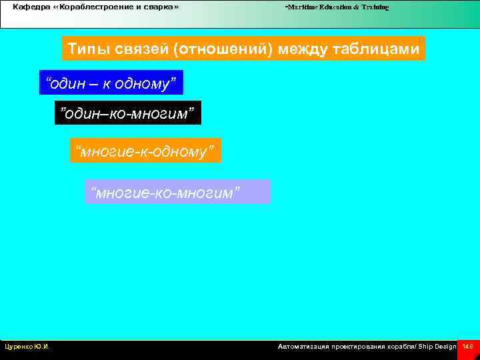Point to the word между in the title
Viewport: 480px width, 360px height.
click(310, 49)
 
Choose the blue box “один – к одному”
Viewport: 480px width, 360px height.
click(111, 83)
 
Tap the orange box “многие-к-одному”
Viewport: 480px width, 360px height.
click(145, 151)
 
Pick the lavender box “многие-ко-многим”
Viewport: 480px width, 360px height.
click(178, 192)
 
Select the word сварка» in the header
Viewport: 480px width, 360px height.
click(163, 7)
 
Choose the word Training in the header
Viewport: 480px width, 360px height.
click(375, 7)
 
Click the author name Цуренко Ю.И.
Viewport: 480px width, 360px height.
click(27, 347)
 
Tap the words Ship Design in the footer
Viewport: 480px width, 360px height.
click(437, 347)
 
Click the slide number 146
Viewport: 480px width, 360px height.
click(467, 347)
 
